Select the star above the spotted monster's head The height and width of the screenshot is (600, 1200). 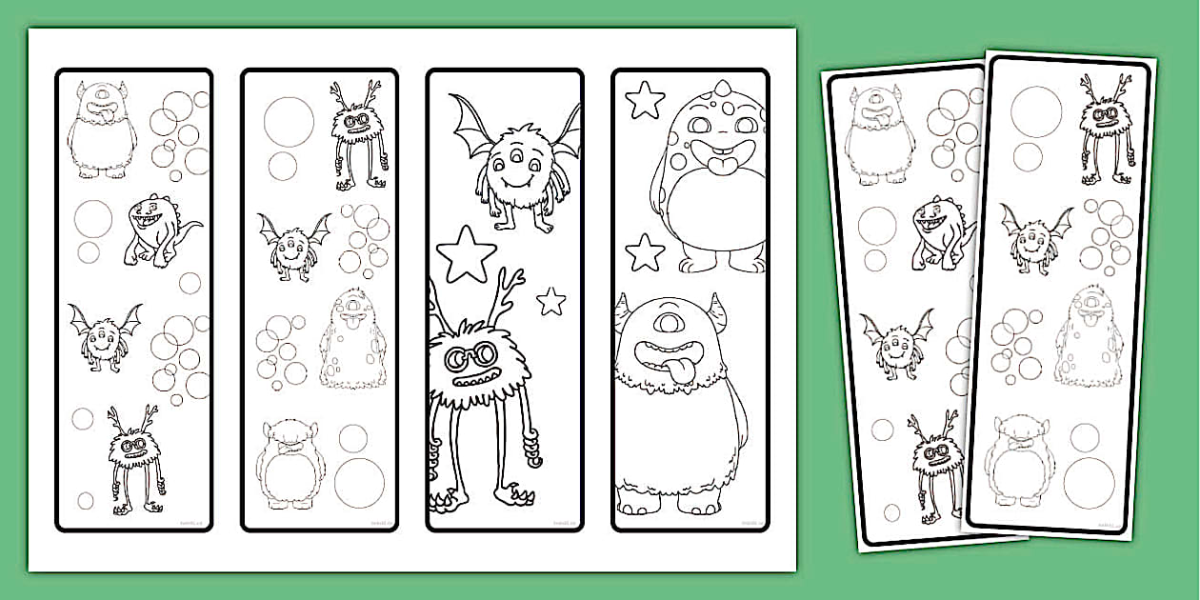[645, 100]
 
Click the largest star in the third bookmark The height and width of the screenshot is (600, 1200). [467, 254]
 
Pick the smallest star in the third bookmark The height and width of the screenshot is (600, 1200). [550, 302]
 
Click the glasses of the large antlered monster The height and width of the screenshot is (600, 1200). [472, 353]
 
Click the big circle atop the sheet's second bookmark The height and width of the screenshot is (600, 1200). [289, 121]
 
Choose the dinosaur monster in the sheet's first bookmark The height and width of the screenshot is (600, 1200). [157, 230]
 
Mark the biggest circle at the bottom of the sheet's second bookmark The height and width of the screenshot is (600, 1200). [359, 482]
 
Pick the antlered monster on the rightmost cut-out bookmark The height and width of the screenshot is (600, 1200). [1105, 129]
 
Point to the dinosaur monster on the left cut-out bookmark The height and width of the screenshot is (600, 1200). [942, 234]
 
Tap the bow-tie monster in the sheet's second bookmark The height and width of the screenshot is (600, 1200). [288, 464]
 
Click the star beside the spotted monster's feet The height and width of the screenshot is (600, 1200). [645, 253]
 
